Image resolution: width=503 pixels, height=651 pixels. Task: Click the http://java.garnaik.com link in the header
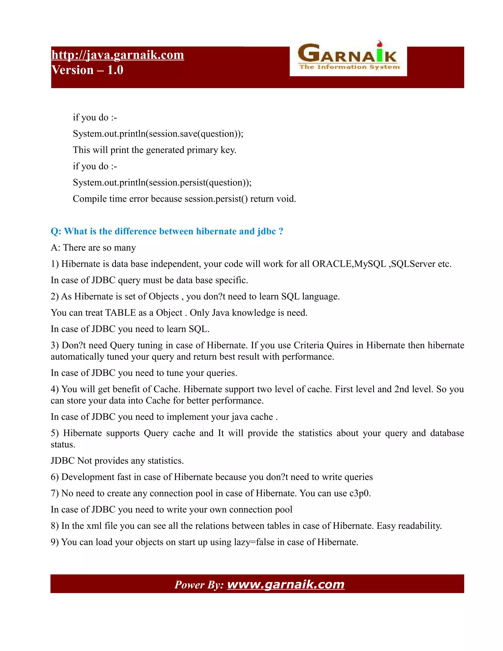click(x=117, y=55)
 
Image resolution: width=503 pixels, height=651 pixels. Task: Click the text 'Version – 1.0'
click(x=87, y=70)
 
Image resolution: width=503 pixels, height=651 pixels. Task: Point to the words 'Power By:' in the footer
click(x=199, y=585)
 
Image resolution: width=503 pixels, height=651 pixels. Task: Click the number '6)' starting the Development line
click(x=55, y=477)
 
